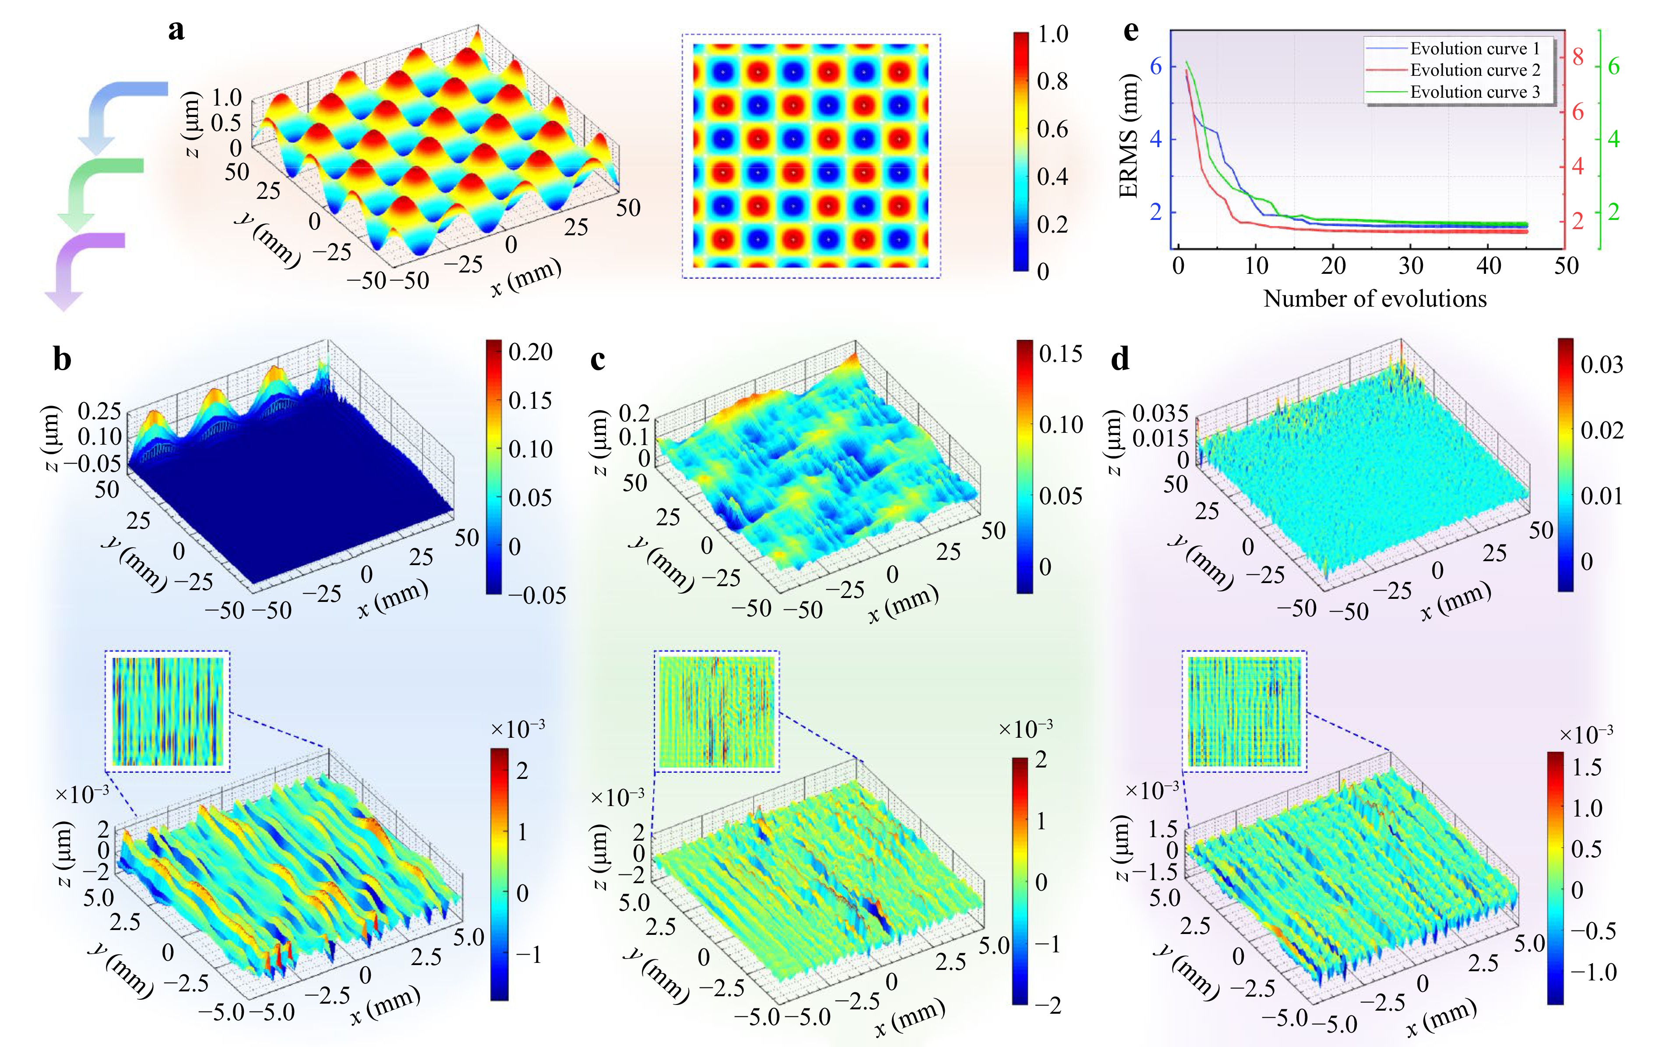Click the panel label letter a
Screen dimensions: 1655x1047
tap(176, 31)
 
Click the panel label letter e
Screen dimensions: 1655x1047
tap(1130, 31)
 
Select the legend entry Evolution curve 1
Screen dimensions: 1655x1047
tap(1474, 48)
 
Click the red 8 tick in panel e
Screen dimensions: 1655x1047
tap(1578, 57)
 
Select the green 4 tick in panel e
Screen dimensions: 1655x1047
tap(1613, 140)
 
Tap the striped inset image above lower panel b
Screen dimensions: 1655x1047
tap(168, 711)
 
